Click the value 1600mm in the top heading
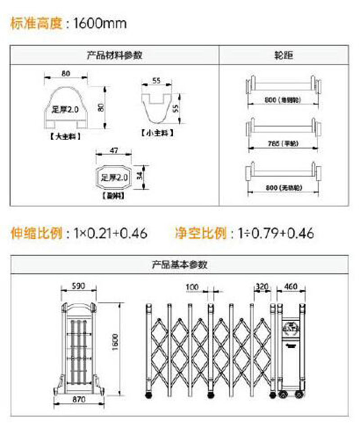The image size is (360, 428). coord(100,23)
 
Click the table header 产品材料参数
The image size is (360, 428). coord(115,55)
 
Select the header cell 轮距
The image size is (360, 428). coord(283,55)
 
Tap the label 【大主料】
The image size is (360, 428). coord(66,137)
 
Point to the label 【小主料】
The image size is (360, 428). coord(157,133)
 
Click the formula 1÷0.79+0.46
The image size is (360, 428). coord(277,233)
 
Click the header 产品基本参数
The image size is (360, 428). coord(180,265)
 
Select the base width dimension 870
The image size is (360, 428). coord(79,399)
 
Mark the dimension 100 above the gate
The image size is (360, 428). coord(192,287)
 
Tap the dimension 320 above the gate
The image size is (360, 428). coord(262,287)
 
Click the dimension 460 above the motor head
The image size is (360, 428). coord(291,287)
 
